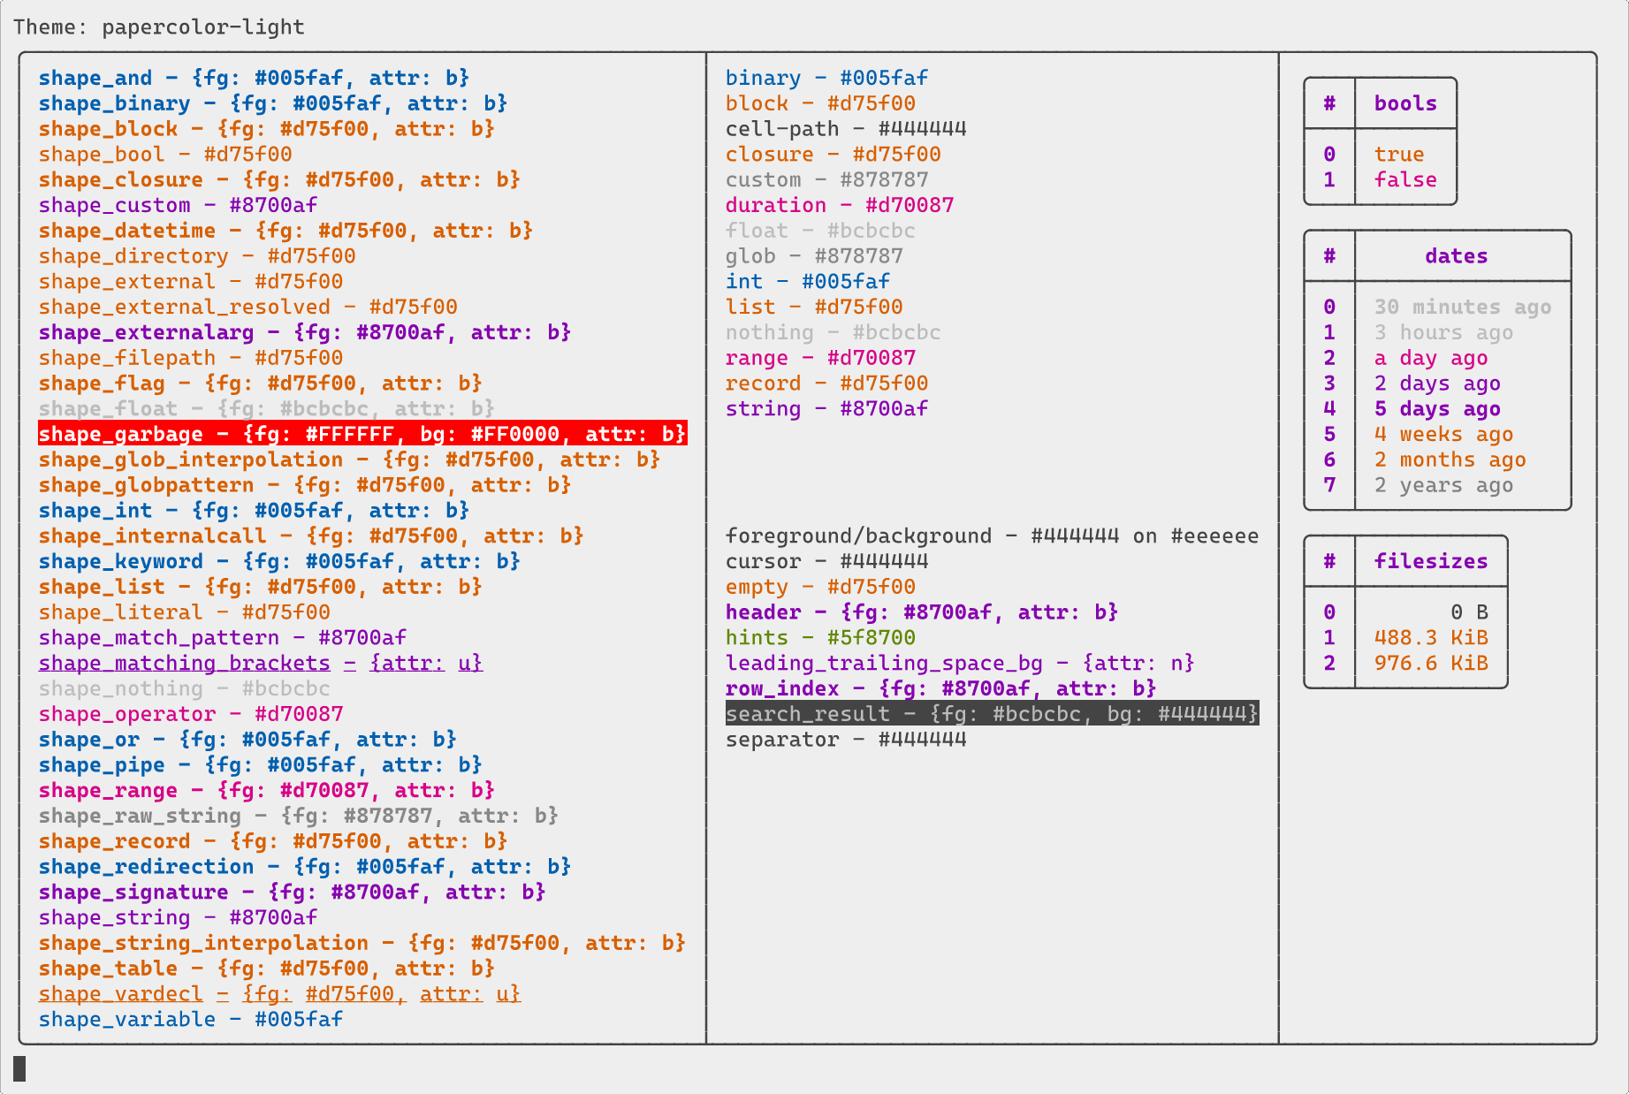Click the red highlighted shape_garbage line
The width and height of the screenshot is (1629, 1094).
pyautogui.click(x=362, y=434)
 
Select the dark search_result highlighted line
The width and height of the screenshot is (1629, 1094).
pyautogui.click(x=992, y=713)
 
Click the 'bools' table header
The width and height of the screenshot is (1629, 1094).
pyautogui.click(x=1405, y=103)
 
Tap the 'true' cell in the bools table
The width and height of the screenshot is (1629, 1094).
pyautogui.click(x=1399, y=155)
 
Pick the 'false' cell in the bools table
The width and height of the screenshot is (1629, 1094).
pyautogui.click(x=1405, y=179)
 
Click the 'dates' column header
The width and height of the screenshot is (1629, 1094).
pyautogui.click(x=1456, y=256)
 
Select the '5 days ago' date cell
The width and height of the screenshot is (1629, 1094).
pyautogui.click(x=1437, y=409)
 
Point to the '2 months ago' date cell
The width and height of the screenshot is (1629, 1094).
pyautogui.click(x=1450, y=460)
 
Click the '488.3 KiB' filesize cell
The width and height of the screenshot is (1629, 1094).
pyautogui.click(x=1431, y=637)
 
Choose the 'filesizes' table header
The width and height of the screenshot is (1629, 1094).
pyautogui.click(x=1431, y=561)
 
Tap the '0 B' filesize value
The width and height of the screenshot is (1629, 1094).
pyautogui.click(x=1469, y=612)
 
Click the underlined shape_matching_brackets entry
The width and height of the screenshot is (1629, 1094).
pyautogui.click(x=261, y=663)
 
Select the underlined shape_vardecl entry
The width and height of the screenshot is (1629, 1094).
pyautogui.click(x=279, y=993)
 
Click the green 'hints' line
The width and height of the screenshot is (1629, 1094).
pyautogui.click(x=820, y=637)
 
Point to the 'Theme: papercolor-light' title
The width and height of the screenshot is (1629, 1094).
pyautogui.click(x=159, y=27)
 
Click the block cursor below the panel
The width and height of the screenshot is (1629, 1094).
pyautogui.click(x=19, y=1068)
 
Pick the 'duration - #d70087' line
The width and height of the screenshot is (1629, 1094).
pyautogui.click(x=840, y=205)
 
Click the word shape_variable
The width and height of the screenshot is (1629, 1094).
pyautogui.click(x=127, y=1019)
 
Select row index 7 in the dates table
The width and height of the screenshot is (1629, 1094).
pyautogui.click(x=1329, y=485)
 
